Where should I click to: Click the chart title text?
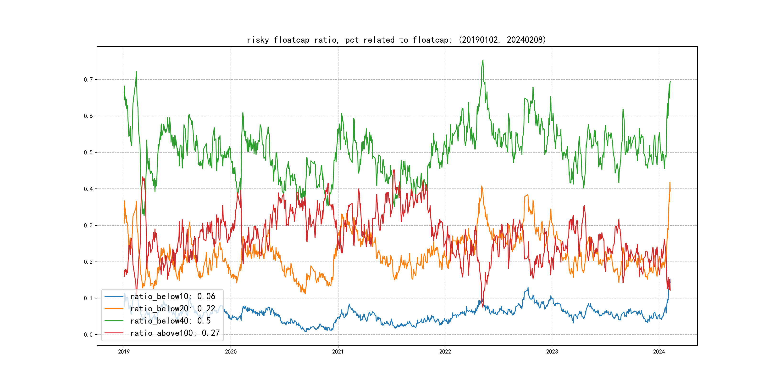tap(396, 40)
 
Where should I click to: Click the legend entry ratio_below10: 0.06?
tap(172, 297)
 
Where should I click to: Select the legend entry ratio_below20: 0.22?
tap(172, 308)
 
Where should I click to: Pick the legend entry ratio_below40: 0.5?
tap(170, 321)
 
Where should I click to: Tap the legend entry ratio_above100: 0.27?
tap(175, 333)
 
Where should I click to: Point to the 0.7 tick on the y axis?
tap(88, 80)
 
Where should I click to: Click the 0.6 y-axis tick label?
tap(88, 116)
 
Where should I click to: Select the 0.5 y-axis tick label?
tap(88, 152)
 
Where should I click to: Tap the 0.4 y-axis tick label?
tap(88, 189)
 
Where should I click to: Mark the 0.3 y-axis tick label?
tap(88, 225)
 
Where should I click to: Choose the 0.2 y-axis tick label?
tap(88, 262)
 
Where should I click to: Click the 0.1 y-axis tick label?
tap(88, 298)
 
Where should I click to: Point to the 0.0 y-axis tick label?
tap(88, 335)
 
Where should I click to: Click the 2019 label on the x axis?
tap(124, 352)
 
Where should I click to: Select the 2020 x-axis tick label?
tap(231, 352)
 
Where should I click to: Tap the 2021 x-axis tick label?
tap(338, 352)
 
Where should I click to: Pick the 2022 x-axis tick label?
tap(445, 352)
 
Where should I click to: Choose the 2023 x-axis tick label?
tap(552, 352)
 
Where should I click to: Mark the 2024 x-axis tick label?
tap(659, 352)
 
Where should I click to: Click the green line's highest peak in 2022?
tap(483, 60)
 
